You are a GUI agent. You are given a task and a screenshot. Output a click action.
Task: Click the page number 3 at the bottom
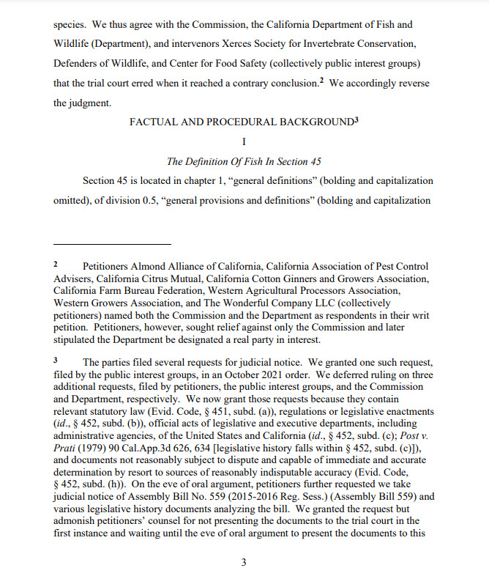pyautogui.click(x=244, y=562)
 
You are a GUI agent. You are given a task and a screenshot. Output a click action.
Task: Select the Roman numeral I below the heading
pyautogui.click(x=244, y=141)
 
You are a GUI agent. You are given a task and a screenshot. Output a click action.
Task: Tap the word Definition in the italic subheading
pyautogui.click(x=213, y=161)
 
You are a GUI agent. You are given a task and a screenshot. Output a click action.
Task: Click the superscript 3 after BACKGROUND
pyautogui.click(x=356, y=119)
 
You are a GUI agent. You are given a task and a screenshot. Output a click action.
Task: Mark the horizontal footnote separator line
pyautogui.click(x=112, y=243)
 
